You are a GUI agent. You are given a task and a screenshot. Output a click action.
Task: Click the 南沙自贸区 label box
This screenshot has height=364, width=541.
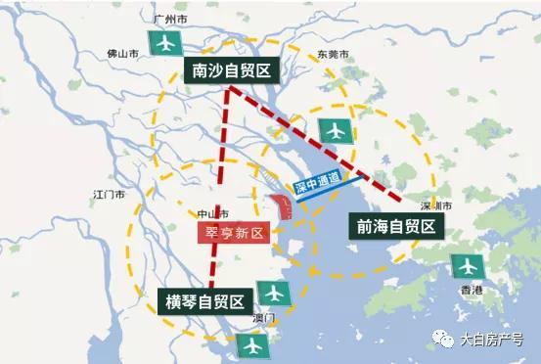pyautogui.click(x=232, y=69)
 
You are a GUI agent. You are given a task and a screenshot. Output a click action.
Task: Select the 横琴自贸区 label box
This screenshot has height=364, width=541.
pyautogui.click(x=205, y=299)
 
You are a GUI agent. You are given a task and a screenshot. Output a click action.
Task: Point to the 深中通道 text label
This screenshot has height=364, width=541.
pyautogui.click(x=317, y=182)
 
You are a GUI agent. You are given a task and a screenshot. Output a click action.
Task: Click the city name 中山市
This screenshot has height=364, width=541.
pyautogui.click(x=212, y=213)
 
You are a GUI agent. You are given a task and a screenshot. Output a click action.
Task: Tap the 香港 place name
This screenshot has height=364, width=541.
pyautogui.click(x=471, y=291)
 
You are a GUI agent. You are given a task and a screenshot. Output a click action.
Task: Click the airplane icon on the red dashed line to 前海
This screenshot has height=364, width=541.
pyautogui.click(x=336, y=129)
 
